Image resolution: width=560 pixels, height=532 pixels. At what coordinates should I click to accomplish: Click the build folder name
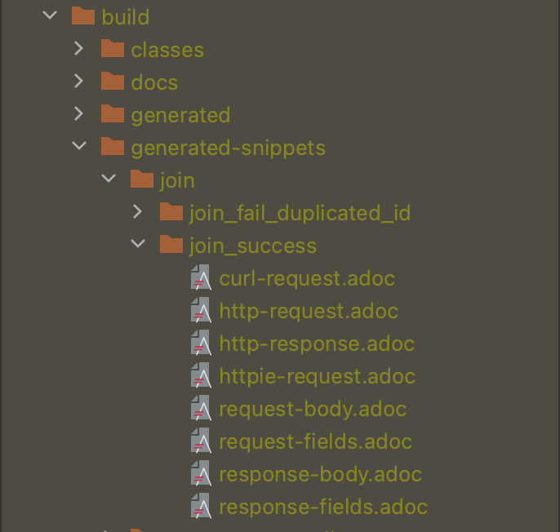point(125,17)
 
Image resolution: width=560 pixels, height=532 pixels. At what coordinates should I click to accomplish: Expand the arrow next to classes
point(78,50)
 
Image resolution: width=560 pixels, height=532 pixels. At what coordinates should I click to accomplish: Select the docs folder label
point(153,82)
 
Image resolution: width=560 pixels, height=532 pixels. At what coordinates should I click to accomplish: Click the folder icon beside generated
point(112,115)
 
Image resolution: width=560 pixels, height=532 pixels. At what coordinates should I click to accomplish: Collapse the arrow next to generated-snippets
point(78,148)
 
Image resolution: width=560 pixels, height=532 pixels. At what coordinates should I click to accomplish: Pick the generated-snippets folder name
point(228,148)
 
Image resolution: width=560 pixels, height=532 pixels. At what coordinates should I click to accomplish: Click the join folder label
point(177,180)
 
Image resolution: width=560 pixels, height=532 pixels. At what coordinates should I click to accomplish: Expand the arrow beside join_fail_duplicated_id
point(137,213)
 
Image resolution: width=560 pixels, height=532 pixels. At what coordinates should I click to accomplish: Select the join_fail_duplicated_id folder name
point(300,213)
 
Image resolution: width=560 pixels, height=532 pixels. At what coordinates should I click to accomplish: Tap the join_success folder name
point(252,246)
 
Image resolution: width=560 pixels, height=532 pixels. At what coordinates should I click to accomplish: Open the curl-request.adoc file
point(307,278)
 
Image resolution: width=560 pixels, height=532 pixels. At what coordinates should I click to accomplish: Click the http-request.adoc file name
point(309,311)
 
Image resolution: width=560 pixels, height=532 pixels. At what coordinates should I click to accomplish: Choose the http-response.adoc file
point(317,344)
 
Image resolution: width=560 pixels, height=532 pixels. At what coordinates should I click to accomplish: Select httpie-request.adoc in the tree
point(317,376)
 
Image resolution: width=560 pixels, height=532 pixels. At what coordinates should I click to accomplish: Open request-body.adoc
point(313,409)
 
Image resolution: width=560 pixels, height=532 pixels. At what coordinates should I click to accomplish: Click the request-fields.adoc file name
point(315,441)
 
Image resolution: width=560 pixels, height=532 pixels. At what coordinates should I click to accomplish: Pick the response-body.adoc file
point(320,474)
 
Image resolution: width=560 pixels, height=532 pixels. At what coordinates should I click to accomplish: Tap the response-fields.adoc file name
point(323,507)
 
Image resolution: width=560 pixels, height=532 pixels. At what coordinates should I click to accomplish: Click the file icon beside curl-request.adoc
point(201,278)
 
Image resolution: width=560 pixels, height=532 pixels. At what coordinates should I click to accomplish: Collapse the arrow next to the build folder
point(49,17)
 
